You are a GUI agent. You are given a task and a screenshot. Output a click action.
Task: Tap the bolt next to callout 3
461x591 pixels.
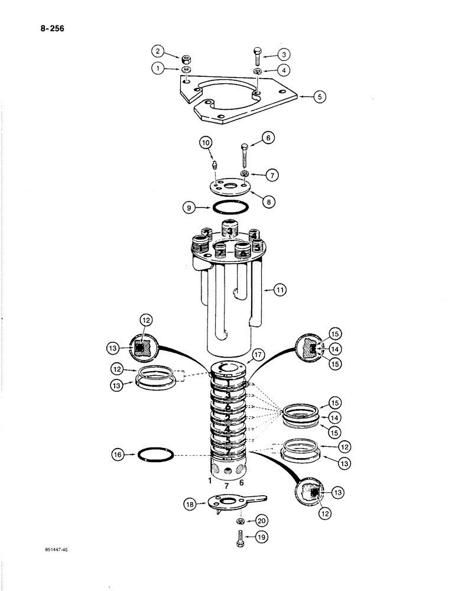pyautogui.click(x=258, y=58)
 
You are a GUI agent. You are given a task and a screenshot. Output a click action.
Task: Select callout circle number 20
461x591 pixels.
pyautogui.click(x=259, y=521)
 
